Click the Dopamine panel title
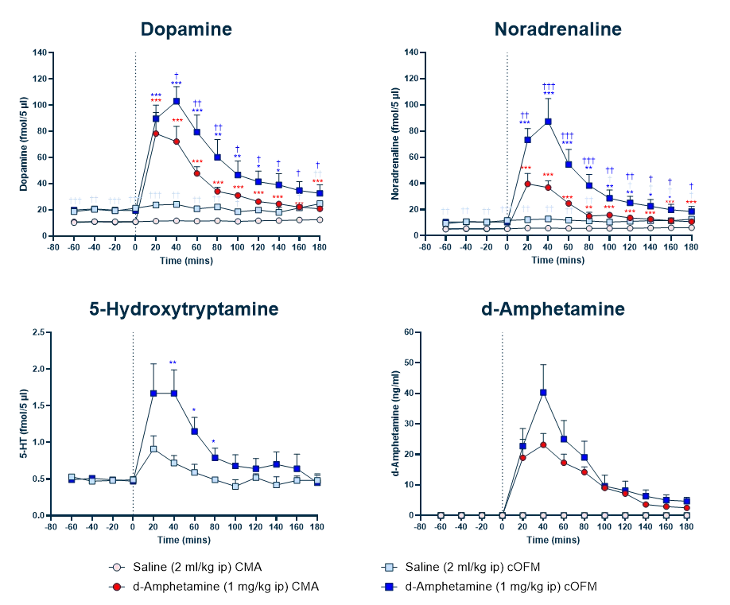coord(186,29)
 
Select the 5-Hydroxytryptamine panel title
coord(184,308)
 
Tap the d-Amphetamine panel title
coord(553,309)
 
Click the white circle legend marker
coord(117,567)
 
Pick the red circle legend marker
coord(117,587)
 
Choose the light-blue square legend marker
coord(388,567)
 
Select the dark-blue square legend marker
coord(388,587)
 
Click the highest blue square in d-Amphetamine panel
coord(544,393)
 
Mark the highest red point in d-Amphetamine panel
coord(544,445)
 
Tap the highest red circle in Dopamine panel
coord(157,133)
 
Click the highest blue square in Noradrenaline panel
coord(548,122)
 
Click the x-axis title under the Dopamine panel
coord(186,260)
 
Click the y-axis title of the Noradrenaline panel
coord(395,143)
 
